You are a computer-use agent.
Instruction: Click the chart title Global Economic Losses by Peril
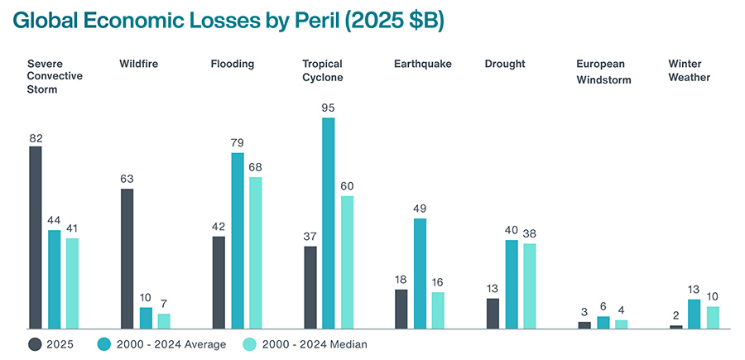click(223, 21)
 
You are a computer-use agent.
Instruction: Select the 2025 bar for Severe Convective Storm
click(36, 238)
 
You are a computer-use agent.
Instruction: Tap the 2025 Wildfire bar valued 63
click(127, 259)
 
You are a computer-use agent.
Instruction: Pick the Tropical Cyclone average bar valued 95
click(329, 223)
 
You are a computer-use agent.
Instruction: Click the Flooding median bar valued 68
click(256, 253)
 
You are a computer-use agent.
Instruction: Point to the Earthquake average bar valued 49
click(420, 274)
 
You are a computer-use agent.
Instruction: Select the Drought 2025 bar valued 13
click(493, 314)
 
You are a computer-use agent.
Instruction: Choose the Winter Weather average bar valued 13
click(695, 314)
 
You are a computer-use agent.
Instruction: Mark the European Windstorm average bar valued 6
click(603, 323)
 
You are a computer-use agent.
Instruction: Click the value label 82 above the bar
click(36, 139)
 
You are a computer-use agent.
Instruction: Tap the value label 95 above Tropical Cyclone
click(329, 108)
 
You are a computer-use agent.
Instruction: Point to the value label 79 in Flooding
click(238, 143)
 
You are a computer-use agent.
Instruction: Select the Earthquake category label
click(423, 65)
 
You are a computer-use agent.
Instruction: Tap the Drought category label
click(505, 65)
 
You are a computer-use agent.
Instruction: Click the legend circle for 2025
click(35, 344)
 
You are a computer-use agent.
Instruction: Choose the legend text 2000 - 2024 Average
click(171, 344)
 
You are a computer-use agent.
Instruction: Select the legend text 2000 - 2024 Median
click(315, 344)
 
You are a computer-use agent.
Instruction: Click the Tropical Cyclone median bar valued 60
click(347, 262)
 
